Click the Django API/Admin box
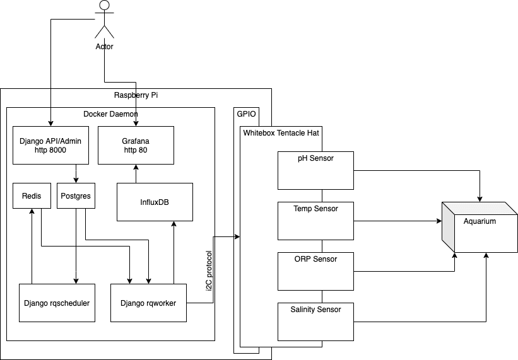(x=50, y=145)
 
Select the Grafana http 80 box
(x=136, y=145)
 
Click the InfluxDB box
(x=155, y=202)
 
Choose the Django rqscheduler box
(x=57, y=303)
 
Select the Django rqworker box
(x=148, y=303)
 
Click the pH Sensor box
(x=315, y=170)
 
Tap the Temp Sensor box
(x=315, y=221)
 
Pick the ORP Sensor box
(x=315, y=271)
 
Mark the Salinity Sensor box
(x=315, y=322)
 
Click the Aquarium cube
(x=480, y=227)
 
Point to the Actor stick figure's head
(x=105, y=6)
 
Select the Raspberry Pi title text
(x=136, y=95)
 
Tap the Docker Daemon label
(x=110, y=114)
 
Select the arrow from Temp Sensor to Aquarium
(x=397, y=221)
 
